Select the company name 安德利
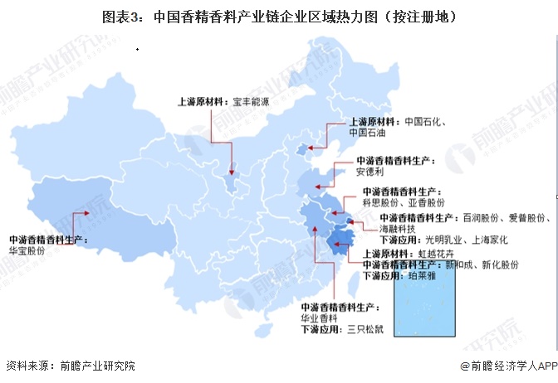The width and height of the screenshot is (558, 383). (x=370, y=172)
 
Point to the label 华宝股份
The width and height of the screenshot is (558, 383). (x=27, y=249)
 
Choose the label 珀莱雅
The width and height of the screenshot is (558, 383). (x=418, y=276)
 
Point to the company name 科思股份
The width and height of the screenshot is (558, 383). (x=381, y=202)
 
